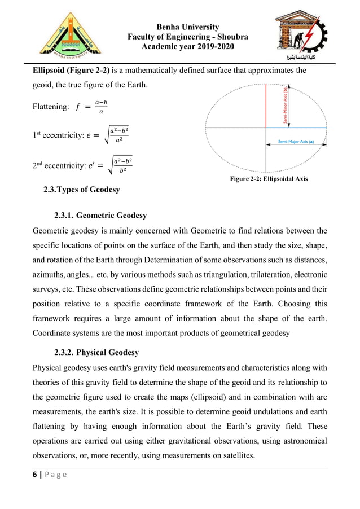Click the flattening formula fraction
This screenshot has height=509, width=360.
pyautogui.click(x=100, y=107)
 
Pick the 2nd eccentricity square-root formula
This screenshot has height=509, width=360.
pyautogui.click(x=119, y=166)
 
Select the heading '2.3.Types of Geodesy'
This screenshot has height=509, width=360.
pyautogui.click(x=82, y=190)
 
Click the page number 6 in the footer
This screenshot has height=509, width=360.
pyautogui.click(x=35, y=476)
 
